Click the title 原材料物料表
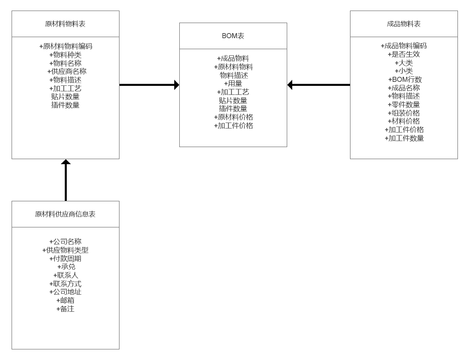pos(65,24)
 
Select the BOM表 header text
pos(233,36)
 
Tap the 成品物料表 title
pos(404,24)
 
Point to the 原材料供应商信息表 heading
pos(65,214)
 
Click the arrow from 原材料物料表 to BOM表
pos(149,85)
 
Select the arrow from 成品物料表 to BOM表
pos(318,85)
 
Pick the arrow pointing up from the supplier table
pos(65,180)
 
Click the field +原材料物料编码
pos(65,46)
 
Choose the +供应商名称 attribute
pos(67,71)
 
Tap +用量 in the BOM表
pos(233,84)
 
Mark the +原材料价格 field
pos(233,117)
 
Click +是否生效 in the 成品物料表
pos(404,54)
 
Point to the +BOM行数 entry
pos(405,79)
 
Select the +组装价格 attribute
pos(404,113)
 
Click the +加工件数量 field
pos(404,138)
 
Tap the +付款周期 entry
pos(65,259)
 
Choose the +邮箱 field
pos(65,300)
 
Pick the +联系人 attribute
pos(65,275)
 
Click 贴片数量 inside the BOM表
pos(233,100)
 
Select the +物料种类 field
pos(65,55)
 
